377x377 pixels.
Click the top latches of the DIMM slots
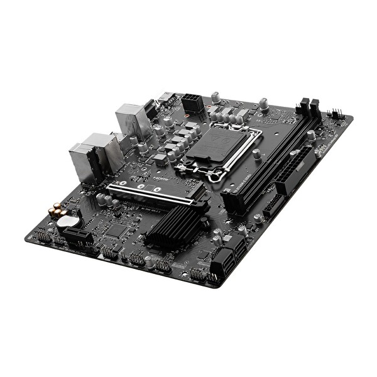(308, 108)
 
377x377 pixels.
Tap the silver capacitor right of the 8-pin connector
(216, 97)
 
